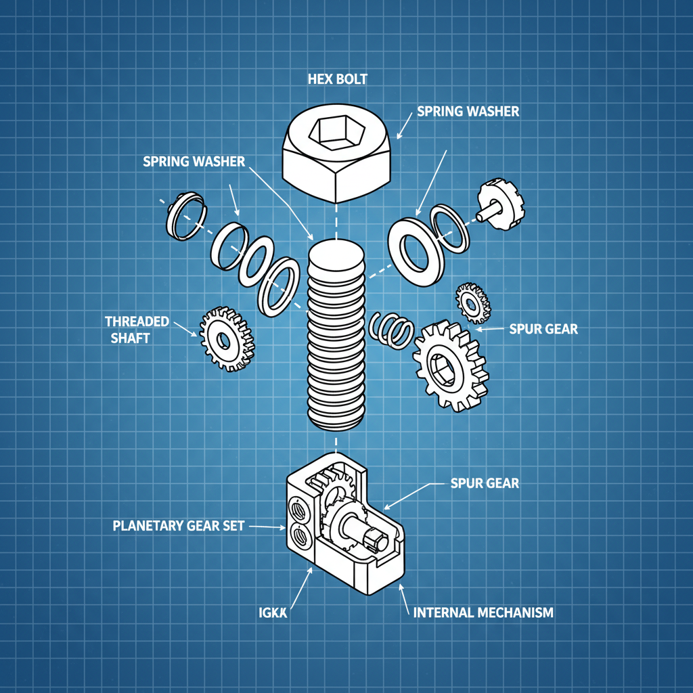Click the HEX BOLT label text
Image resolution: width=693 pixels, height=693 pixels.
pos(337,79)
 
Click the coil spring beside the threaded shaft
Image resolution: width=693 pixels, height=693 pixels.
pos(393,330)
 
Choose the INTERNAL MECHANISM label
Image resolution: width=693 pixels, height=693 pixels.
pos(483,613)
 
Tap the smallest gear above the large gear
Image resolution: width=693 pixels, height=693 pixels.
pos(472,301)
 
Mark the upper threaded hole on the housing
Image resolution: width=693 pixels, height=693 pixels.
pos(296,508)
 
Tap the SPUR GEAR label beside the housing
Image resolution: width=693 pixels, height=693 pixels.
pos(485,484)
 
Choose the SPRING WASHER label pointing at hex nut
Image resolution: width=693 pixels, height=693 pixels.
pos(468,111)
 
